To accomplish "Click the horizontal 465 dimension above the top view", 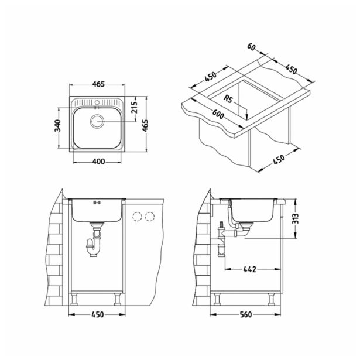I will (98, 84).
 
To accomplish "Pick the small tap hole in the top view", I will (98, 103).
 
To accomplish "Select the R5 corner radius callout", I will (230, 101).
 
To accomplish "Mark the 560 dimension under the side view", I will (246, 315).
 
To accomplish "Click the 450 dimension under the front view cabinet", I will (98, 315).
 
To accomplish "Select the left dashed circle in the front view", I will (138, 216).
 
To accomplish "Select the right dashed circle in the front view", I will (150, 216).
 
